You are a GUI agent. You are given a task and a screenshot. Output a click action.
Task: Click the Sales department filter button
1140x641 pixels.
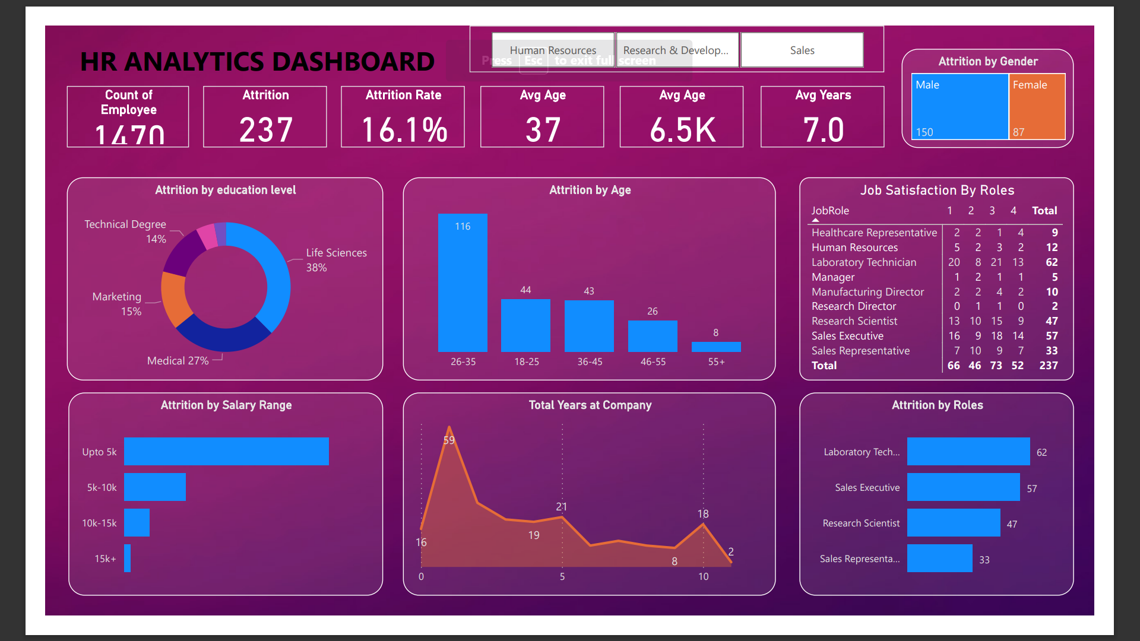tap(802, 50)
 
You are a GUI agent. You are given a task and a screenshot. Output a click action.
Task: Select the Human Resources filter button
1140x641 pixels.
tap(552, 50)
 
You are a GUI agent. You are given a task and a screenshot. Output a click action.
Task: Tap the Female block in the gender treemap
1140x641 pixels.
tap(1037, 107)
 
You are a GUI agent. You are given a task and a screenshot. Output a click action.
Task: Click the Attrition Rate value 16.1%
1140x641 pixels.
tap(404, 130)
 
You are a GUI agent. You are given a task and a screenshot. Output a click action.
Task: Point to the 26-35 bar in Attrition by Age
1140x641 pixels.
tap(463, 283)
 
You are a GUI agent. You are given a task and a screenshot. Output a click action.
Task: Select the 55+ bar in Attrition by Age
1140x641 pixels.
tap(716, 347)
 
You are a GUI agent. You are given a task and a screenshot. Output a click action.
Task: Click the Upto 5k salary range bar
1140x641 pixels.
tap(226, 452)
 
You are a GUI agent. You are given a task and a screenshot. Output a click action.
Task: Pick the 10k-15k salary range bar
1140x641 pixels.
tap(137, 523)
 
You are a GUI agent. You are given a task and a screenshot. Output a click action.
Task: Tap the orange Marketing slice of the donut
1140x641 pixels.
tap(174, 299)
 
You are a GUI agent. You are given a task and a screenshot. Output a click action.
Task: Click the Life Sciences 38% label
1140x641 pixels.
tap(336, 259)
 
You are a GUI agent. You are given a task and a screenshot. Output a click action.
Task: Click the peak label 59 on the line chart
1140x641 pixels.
tap(449, 440)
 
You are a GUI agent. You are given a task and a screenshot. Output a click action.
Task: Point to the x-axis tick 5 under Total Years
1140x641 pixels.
tap(562, 576)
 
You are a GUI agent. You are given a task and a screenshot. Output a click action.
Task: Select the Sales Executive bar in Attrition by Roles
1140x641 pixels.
tap(963, 487)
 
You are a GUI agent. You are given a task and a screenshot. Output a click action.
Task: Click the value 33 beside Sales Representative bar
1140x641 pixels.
tap(984, 560)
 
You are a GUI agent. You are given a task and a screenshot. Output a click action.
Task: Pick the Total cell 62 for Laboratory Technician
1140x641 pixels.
tap(1052, 262)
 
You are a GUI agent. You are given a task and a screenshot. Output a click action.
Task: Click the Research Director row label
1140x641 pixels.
tap(853, 306)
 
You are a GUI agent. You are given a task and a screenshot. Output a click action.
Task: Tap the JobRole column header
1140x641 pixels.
tap(830, 211)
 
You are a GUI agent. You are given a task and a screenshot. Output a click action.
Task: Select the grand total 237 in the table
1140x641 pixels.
tap(1048, 366)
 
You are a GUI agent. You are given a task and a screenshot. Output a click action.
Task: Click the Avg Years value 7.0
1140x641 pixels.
tap(823, 130)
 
